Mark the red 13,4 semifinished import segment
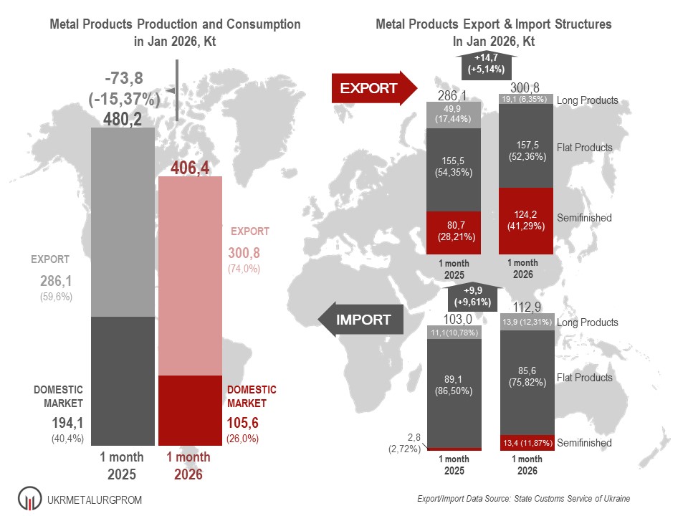tap(525, 443)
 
